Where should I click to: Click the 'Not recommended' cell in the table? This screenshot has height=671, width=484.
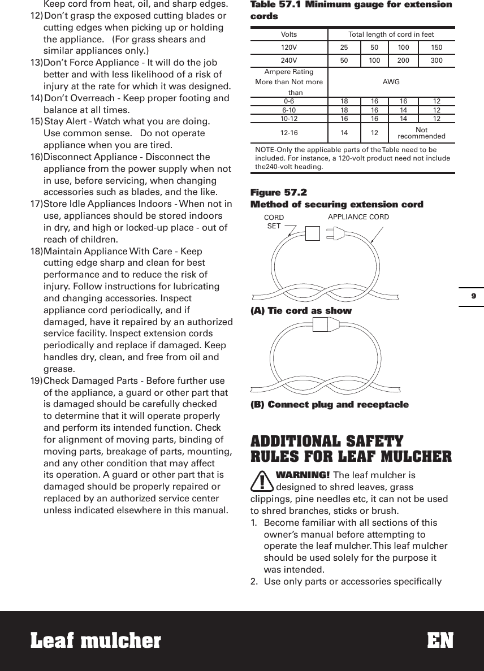pyautogui.click(x=421, y=133)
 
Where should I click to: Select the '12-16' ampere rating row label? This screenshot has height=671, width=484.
pyautogui.click(x=289, y=133)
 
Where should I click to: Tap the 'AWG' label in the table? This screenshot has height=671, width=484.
pyautogui.click(x=391, y=82)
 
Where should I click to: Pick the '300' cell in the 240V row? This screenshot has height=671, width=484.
pyautogui.click(x=437, y=59)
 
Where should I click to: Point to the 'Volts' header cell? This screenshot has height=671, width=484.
pyautogui.click(x=289, y=34)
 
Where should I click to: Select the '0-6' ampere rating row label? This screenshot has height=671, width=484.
pyautogui.click(x=289, y=102)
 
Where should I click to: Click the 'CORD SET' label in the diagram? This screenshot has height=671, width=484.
pyautogui.click(x=274, y=222)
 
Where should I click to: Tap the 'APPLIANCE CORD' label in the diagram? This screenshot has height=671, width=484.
pyautogui.click(x=358, y=217)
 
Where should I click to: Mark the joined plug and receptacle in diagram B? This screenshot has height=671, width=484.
pyautogui.click(x=327, y=324)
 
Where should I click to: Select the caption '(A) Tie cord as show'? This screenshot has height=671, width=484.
pyautogui.click(x=301, y=310)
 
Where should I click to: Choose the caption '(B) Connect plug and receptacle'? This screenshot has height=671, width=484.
pyautogui.click(x=329, y=404)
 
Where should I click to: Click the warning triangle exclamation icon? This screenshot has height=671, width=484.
pyautogui.click(x=262, y=482)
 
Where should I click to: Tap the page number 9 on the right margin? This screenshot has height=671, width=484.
pyautogui.click(x=473, y=296)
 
